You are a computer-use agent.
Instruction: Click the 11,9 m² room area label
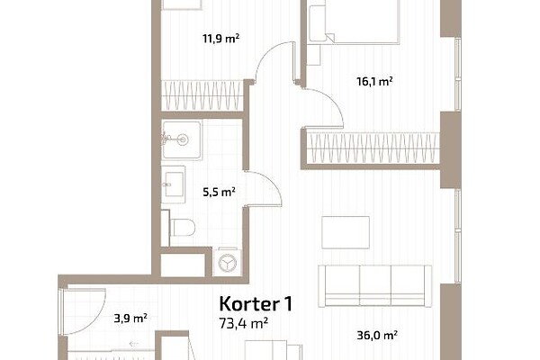pyautogui.click(x=220, y=38)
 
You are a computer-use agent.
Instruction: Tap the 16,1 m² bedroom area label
pyautogui.click(x=374, y=82)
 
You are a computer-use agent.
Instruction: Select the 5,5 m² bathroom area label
pyautogui.click(x=219, y=192)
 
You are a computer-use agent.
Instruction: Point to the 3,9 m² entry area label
pyautogui.click(x=130, y=318)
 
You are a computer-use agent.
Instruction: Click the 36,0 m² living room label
pyautogui.click(x=377, y=335)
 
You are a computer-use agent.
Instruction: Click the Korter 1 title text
pyautogui.click(x=256, y=304)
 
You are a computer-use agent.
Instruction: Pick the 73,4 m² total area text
pyautogui.click(x=244, y=323)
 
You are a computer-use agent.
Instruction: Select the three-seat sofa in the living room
pyautogui.click(x=374, y=286)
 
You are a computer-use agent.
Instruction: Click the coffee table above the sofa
pyautogui.click(x=346, y=232)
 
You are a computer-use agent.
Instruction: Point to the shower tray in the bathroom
pyautogui.click(x=182, y=139)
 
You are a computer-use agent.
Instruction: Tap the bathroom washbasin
pyautogui.click(x=174, y=184)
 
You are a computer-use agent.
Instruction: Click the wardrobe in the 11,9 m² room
pyautogui.click(x=202, y=95)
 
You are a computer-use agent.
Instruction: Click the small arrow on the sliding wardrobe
pyautogui.click(x=134, y=344)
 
